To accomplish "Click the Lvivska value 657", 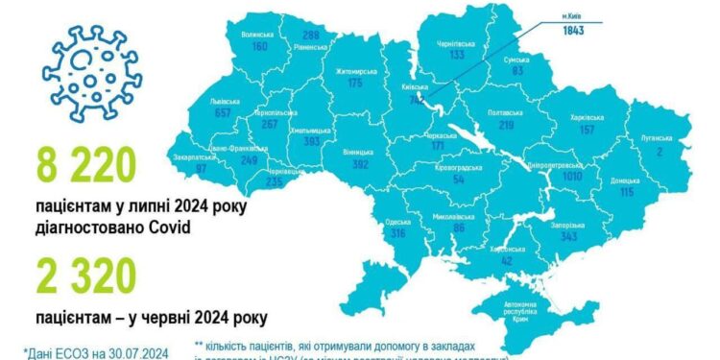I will [226, 112].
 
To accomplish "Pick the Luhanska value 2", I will [658, 149].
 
